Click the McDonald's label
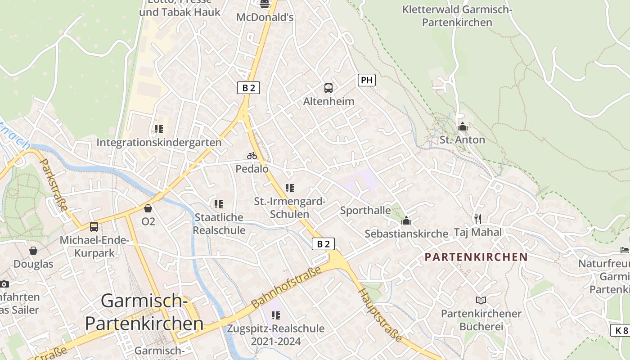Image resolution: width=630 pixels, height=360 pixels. coord(265,18)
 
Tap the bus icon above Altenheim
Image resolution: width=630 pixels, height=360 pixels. coord(328,88)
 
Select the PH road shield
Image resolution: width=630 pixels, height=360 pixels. coord(367,81)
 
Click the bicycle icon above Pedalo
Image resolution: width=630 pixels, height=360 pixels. coord(252,156)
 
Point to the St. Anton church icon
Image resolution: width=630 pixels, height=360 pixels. coord(462,127)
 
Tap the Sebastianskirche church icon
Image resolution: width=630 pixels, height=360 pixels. coord(406,220)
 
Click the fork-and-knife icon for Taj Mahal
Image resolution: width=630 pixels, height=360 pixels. coord(477,219)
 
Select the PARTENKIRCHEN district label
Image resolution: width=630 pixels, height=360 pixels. coord(477,257)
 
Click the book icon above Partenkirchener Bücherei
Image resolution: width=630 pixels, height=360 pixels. coord(481,300)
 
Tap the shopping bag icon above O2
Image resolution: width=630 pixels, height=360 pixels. coord(148,208)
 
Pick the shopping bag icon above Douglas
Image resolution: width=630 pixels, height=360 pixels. coord(33,251)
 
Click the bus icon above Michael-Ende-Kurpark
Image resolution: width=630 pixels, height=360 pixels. coord(94,227)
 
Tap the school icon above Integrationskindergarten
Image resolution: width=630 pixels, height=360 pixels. coord(158,129)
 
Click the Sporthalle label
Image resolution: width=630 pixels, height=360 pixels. coord(365,211)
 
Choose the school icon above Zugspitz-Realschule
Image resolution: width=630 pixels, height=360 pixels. coord(276,315)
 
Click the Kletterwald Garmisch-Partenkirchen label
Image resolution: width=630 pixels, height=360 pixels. coord(457,16)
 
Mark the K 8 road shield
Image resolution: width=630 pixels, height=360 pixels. coord(620,330)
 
